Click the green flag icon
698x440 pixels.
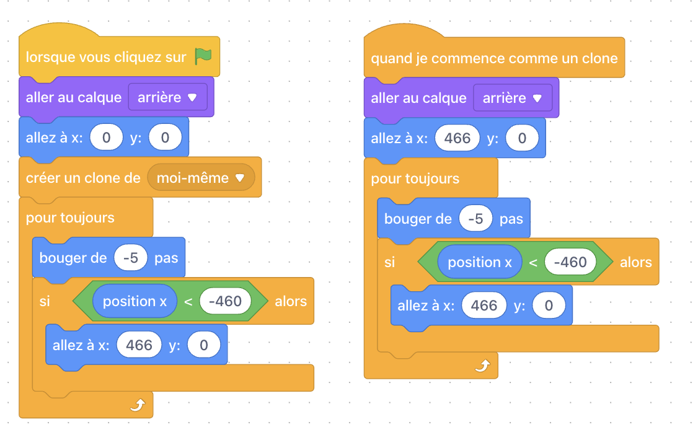click(x=203, y=56)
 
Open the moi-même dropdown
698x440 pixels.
click(x=201, y=178)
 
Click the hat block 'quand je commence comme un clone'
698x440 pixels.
click(x=494, y=58)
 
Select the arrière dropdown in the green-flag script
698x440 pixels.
click(x=168, y=97)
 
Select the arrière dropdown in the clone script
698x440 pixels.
click(x=513, y=98)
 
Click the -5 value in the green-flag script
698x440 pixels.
click(x=130, y=258)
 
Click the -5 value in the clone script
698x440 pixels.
click(x=475, y=219)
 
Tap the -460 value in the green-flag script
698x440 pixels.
click(x=225, y=301)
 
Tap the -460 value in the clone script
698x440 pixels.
click(x=570, y=262)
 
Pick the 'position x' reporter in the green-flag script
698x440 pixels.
click(x=135, y=301)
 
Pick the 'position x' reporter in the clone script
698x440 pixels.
click(x=479, y=262)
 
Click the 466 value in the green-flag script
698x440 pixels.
click(x=139, y=345)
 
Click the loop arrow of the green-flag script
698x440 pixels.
click(x=138, y=405)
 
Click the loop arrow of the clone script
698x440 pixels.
click(x=482, y=366)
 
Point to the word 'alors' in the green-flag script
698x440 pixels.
click(x=291, y=301)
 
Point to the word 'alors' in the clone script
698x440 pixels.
click(x=635, y=262)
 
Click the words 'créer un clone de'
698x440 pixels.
click(x=83, y=178)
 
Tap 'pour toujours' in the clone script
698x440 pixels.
click(x=415, y=179)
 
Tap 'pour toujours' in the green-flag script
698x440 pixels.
click(x=70, y=218)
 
